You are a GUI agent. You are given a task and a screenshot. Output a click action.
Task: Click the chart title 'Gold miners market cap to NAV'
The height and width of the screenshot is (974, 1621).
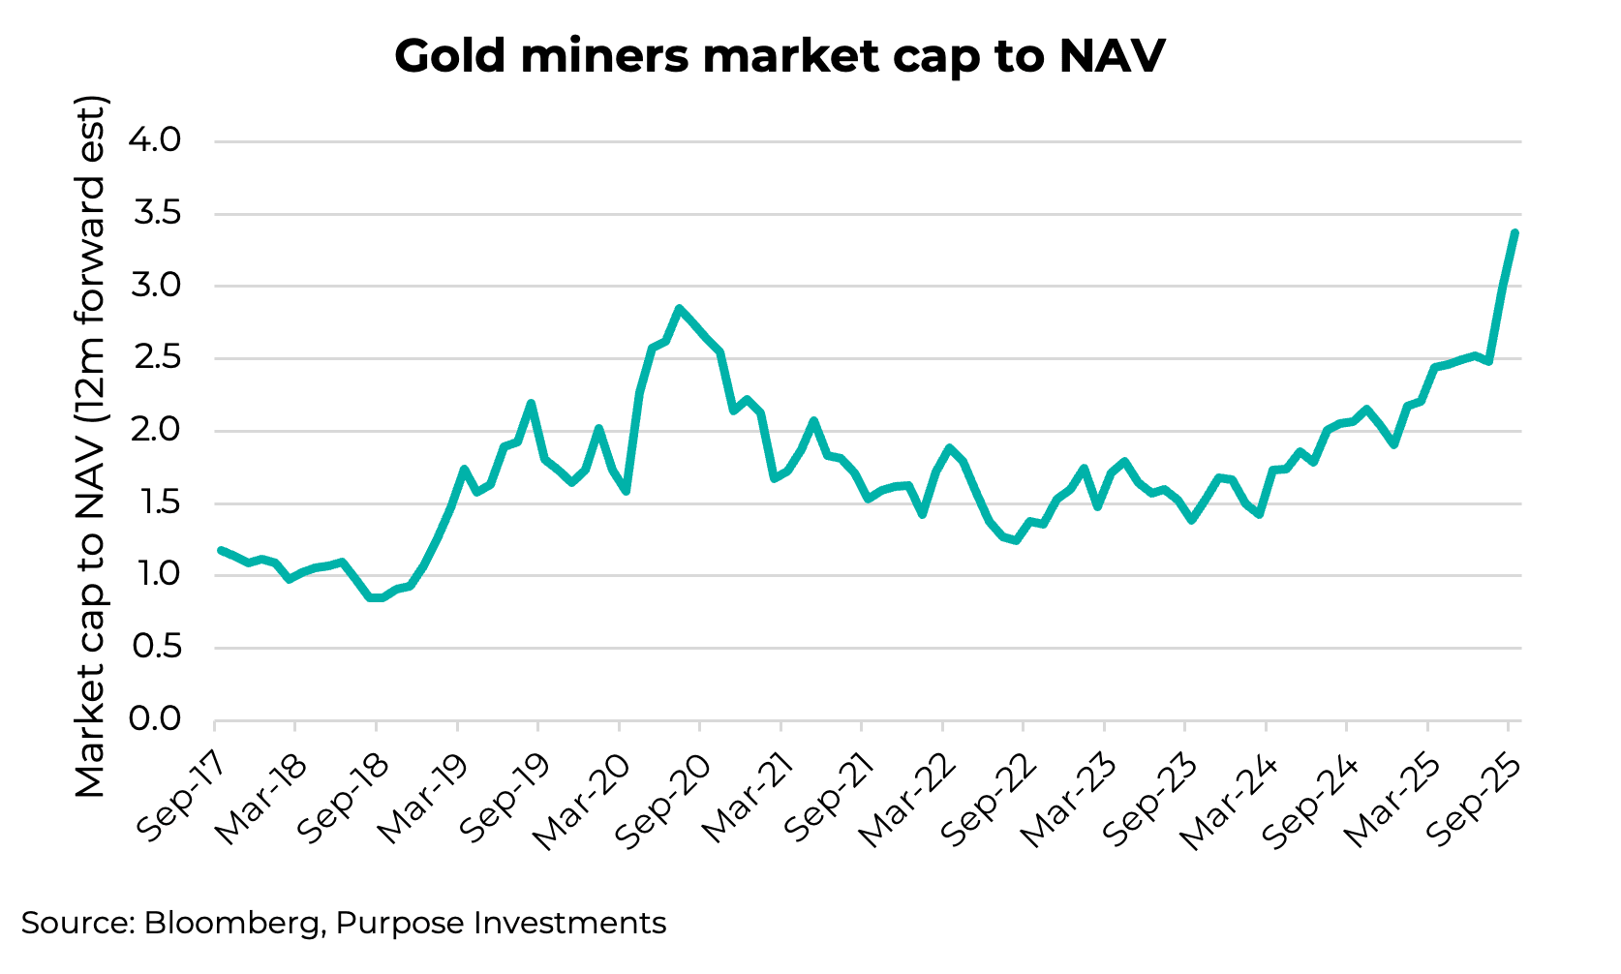coord(780,56)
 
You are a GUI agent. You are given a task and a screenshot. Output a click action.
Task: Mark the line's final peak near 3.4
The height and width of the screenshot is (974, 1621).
coord(1514,232)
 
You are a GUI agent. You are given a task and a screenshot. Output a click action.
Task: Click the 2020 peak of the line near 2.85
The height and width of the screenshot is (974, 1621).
coord(680,309)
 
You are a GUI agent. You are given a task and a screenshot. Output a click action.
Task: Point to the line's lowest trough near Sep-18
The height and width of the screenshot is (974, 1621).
coord(376,598)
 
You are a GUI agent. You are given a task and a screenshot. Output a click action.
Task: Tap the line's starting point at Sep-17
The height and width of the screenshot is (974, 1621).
coord(221,550)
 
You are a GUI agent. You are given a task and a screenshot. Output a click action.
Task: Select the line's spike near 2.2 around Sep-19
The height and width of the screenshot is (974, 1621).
coord(531,403)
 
